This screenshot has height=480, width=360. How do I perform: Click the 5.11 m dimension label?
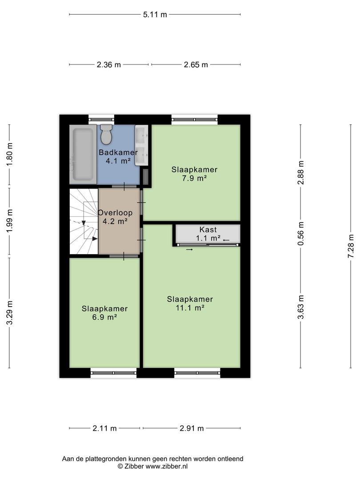(155, 14)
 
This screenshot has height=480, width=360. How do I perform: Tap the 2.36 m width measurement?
(109, 64)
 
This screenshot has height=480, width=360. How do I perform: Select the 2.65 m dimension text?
(196, 64)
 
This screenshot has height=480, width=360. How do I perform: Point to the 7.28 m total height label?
(351, 246)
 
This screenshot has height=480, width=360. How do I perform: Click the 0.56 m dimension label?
(301, 233)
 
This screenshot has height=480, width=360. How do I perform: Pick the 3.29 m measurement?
(10, 312)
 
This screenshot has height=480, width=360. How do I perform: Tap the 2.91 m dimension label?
(192, 428)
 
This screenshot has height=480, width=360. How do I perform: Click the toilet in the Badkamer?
(106, 134)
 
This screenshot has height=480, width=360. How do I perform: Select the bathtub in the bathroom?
(83, 154)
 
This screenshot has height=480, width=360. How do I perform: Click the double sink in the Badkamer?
(141, 145)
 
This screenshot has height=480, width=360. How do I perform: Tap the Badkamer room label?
(118, 152)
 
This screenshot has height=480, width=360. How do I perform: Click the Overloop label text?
(115, 212)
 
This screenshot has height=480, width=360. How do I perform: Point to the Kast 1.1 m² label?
(208, 234)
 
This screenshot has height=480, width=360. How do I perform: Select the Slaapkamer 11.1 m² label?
(190, 303)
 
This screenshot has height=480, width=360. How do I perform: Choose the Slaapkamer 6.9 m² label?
(104, 312)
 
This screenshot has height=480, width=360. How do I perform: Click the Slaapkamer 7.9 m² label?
(194, 174)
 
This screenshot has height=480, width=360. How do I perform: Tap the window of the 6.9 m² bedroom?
(114, 373)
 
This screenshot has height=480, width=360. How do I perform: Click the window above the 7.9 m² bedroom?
(195, 120)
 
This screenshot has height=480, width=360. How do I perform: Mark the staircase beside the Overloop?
(84, 221)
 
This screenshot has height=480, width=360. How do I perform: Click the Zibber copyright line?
(153, 467)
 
